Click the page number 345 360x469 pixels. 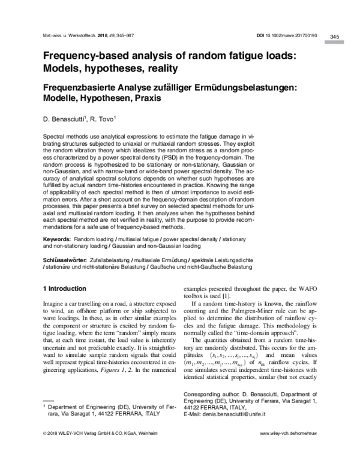point(335,37)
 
